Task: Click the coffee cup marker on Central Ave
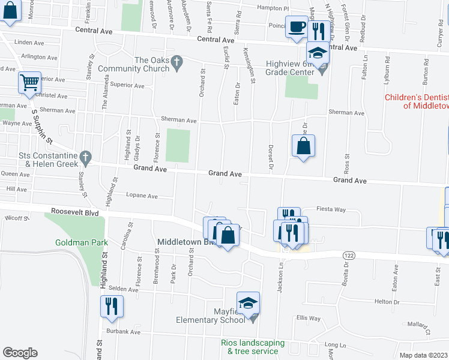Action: point(297,27)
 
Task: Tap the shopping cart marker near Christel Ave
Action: point(29,82)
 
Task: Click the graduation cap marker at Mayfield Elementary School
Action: point(248,304)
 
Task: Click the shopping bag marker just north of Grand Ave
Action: point(304,146)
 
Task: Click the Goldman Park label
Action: point(80,242)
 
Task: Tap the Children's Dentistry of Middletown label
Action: point(417,101)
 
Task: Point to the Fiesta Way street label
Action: point(331,209)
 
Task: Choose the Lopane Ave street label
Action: point(142,196)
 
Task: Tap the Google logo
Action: point(20,352)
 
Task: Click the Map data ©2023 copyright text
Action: point(423,355)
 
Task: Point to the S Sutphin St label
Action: point(43,126)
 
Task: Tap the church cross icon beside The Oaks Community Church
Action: point(176,61)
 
